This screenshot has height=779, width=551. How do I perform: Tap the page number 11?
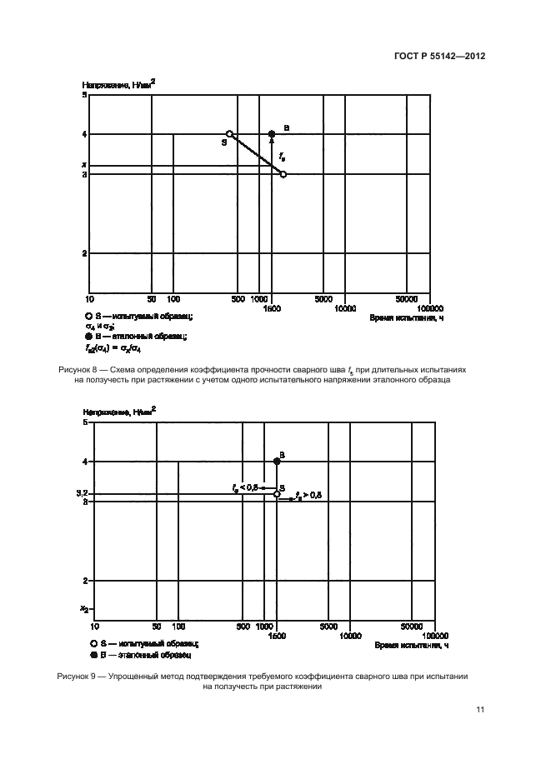click(x=479, y=710)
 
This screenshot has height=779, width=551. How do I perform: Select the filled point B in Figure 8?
click(x=271, y=133)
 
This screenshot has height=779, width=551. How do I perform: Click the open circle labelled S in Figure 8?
click(x=230, y=133)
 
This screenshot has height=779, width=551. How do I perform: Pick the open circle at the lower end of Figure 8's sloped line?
click(x=283, y=174)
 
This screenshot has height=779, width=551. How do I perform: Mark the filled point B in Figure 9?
click(x=277, y=461)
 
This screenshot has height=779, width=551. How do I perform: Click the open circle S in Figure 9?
click(x=277, y=494)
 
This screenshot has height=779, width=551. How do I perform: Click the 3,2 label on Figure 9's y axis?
click(x=83, y=494)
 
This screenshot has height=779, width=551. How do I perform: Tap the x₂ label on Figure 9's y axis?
click(x=83, y=609)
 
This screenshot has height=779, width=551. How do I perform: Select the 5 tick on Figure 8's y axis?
click(x=85, y=96)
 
